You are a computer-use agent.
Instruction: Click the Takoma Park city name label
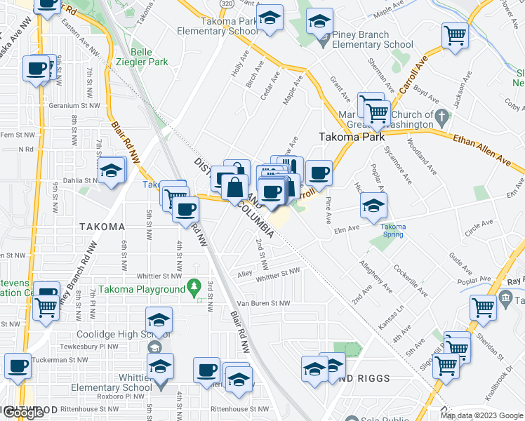[x=352, y=138]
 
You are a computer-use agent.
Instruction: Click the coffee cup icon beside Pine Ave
[x=319, y=173]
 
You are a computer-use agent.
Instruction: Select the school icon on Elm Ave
[x=373, y=206]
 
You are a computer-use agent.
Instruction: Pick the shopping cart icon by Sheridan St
[x=483, y=307]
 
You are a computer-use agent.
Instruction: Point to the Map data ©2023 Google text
[x=482, y=415]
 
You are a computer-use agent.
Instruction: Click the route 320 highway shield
[x=225, y=4]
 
